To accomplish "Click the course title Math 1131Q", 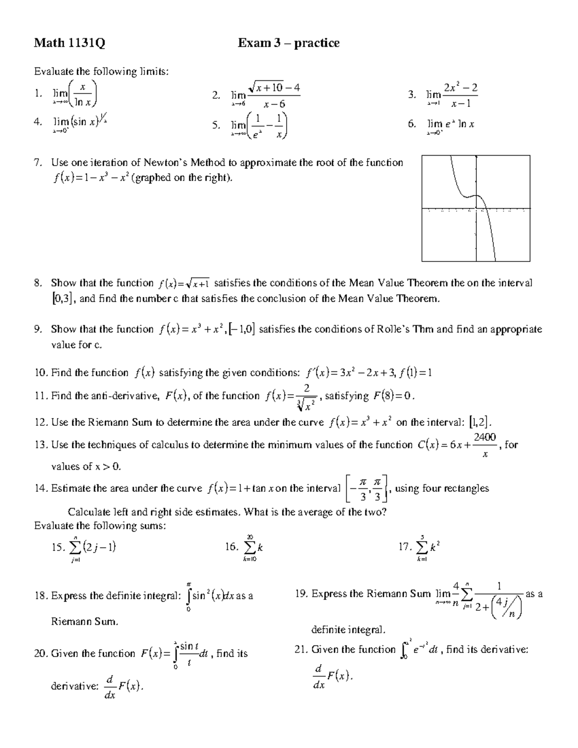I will [69, 43].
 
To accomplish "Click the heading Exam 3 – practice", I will [289, 43].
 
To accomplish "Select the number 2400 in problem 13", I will [485, 437].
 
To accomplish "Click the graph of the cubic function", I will [475, 209].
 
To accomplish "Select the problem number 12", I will [41, 422].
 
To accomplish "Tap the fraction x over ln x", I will [83, 95].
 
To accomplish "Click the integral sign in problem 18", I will [189, 596].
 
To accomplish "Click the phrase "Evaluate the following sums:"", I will [100, 525].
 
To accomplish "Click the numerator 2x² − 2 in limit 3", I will [461, 88].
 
